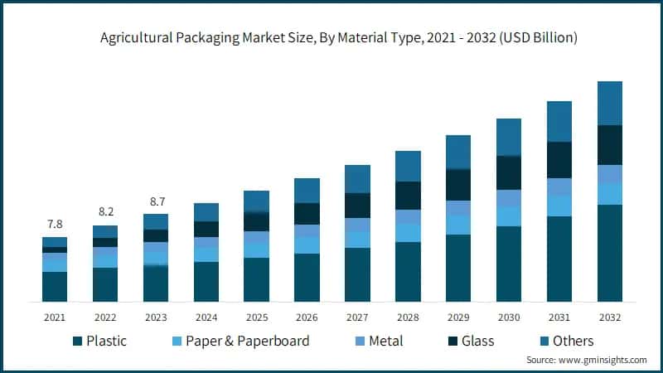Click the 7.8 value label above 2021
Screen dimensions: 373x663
click(x=55, y=224)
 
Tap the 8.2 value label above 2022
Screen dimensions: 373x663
click(x=105, y=212)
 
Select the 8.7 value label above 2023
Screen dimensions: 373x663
click(x=156, y=201)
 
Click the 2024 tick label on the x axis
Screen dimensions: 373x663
click(x=206, y=317)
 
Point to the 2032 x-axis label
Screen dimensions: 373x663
click(x=610, y=317)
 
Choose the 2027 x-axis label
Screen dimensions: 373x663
click(x=357, y=317)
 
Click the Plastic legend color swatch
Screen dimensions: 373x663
click(x=78, y=342)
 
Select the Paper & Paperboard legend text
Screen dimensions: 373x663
click(x=247, y=341)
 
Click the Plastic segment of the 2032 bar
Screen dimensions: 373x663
click(x=610, y=253)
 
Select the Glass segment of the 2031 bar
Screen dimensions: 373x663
click(x=559, y=160)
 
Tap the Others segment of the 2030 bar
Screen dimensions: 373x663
click(x=509, y=137)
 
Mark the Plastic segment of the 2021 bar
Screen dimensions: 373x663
click(x=55, y=286)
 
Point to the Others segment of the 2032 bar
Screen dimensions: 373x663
click(x=610, y=103)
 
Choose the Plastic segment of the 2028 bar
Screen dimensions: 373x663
click(x=408, y=271)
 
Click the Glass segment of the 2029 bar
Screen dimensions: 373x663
click(x=458, y=185)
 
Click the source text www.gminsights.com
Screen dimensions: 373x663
click(x=587, y=361)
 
